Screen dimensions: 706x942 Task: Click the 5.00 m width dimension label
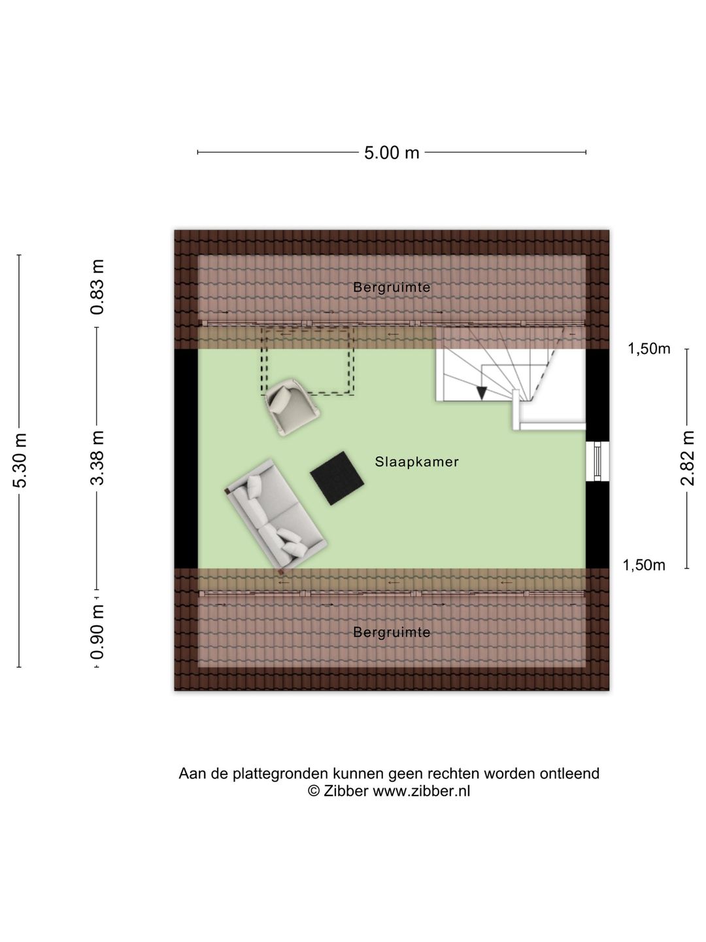(x=392, y=153)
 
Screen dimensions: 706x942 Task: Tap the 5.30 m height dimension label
(x=20, y=461)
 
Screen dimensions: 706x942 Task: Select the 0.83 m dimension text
(x=97, y=287)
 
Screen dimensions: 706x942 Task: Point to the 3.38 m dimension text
(x=97, y=458)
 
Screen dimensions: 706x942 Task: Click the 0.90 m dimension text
(x=97, y=631)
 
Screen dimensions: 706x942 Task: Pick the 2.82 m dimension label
(x=687, y=458)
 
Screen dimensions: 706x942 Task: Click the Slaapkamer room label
(x=416, y=462)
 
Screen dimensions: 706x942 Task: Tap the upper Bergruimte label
(x=392, y=287)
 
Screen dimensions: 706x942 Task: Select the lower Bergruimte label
(x=392, y=632)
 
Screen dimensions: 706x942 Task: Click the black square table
(x=337, y=478)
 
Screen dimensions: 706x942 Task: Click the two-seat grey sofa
(x=277, y=515)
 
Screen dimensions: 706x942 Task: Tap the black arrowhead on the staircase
(x=482, y=392)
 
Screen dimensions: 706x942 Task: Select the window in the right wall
(x=597, y=461)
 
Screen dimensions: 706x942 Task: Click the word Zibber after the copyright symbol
(x=345, y=791)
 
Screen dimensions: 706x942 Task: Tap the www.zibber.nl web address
(x=422, y=791)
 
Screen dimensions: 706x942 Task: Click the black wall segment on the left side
(x=186, y=459)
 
